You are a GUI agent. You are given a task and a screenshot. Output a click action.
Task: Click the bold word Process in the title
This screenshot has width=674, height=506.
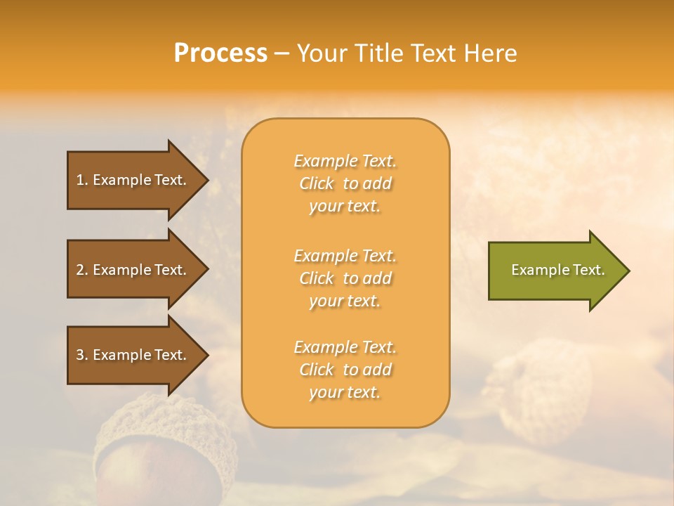pos(220,53)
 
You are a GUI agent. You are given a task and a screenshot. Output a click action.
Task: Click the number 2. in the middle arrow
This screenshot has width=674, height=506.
pos(81,270)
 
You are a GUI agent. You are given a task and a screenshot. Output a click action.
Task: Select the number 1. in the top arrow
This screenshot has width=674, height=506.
pos(81,180)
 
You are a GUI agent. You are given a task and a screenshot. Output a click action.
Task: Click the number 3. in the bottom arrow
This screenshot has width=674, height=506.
pos(81,355)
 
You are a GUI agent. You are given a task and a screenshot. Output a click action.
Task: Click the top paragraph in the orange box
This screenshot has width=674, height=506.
pos(345,183)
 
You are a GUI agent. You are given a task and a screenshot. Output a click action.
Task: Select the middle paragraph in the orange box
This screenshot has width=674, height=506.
pos(345,278)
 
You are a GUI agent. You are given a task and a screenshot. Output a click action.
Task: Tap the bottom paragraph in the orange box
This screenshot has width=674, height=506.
pos(345,370)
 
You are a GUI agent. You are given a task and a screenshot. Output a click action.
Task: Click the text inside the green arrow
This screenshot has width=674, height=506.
pos(557,270)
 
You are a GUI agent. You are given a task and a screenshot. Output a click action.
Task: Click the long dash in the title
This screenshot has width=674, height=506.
pos(282,54)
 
